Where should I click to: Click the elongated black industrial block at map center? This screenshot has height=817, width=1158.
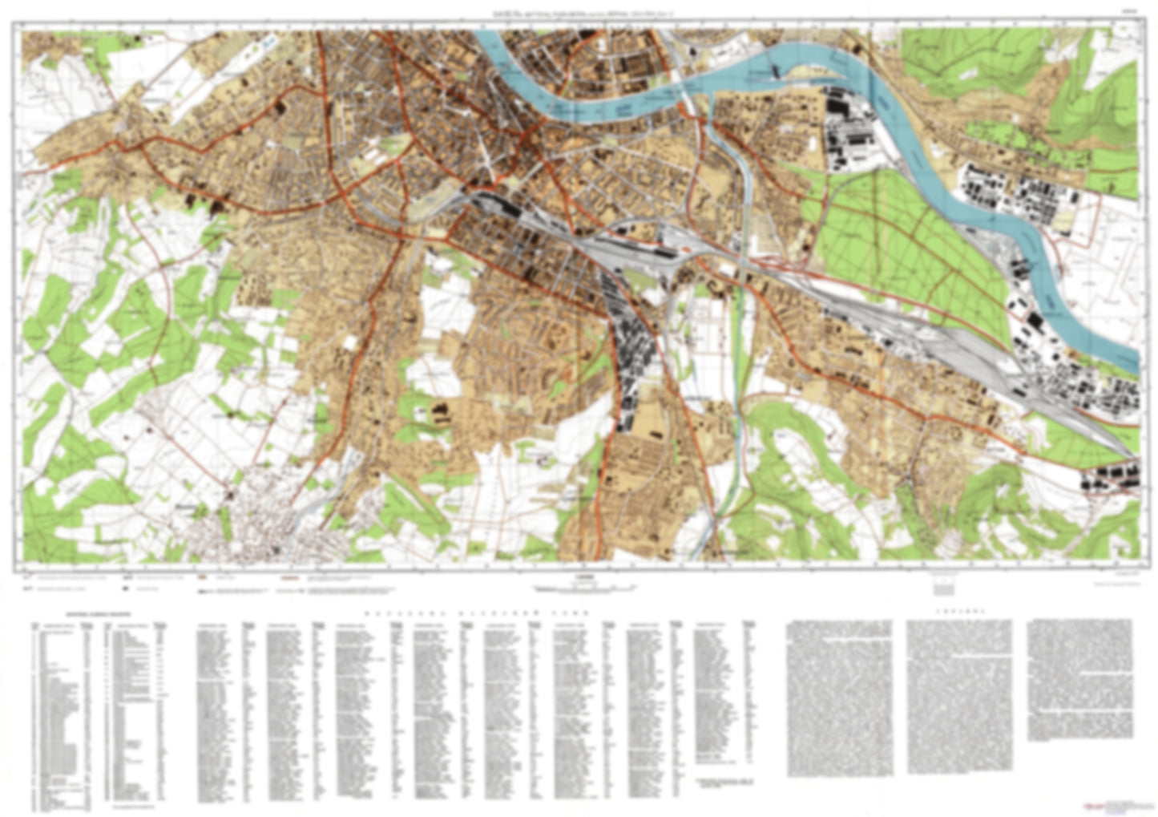point(633,353)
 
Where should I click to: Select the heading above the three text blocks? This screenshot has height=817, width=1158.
point(960,610)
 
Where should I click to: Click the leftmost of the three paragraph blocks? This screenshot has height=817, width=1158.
point(840,698)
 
